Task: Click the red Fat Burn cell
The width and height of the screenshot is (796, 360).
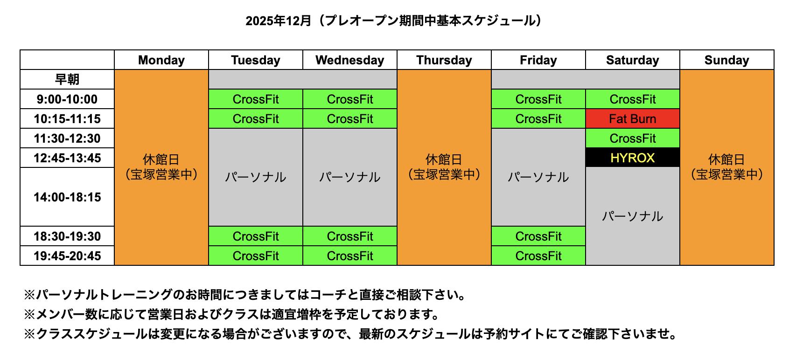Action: [x=633, y=118]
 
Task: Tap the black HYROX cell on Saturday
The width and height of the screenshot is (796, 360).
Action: [x=633, y=158]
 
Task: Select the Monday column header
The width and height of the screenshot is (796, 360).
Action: [x=161, y=60]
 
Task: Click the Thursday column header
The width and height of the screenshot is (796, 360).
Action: [x=444, y=60]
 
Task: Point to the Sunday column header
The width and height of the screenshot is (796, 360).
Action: [x=726, y=60]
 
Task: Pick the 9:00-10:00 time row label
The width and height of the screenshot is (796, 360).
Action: [x=67, y=99]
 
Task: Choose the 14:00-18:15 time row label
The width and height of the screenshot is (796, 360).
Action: [x=67, y=197]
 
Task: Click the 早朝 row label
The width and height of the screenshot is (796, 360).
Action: [x=67, y=79]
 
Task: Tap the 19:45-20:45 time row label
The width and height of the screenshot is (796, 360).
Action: [x=67, y=256]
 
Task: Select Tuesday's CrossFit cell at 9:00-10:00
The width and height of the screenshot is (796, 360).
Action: [x=256, y=99]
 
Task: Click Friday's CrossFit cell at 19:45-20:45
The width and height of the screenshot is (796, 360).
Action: [x=538, y=256]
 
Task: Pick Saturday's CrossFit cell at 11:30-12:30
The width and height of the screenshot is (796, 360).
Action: [x=633, y=138]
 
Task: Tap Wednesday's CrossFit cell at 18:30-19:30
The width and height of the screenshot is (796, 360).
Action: [x=349, y=236]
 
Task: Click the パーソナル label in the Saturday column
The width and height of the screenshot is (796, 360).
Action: [x=633, y=216]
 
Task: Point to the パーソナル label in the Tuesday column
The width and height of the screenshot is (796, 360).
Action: [x=256, y=177]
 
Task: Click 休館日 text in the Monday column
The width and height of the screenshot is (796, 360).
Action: [x=161, y=160]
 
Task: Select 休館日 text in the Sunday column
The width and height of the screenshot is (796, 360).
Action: [x=726, y=160]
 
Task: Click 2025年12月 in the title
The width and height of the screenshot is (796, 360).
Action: [x=278, y=21]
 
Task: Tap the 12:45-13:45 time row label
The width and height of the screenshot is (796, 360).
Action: [x=67, y=158]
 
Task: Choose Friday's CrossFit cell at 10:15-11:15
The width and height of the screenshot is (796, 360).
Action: [x=538, y=118]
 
